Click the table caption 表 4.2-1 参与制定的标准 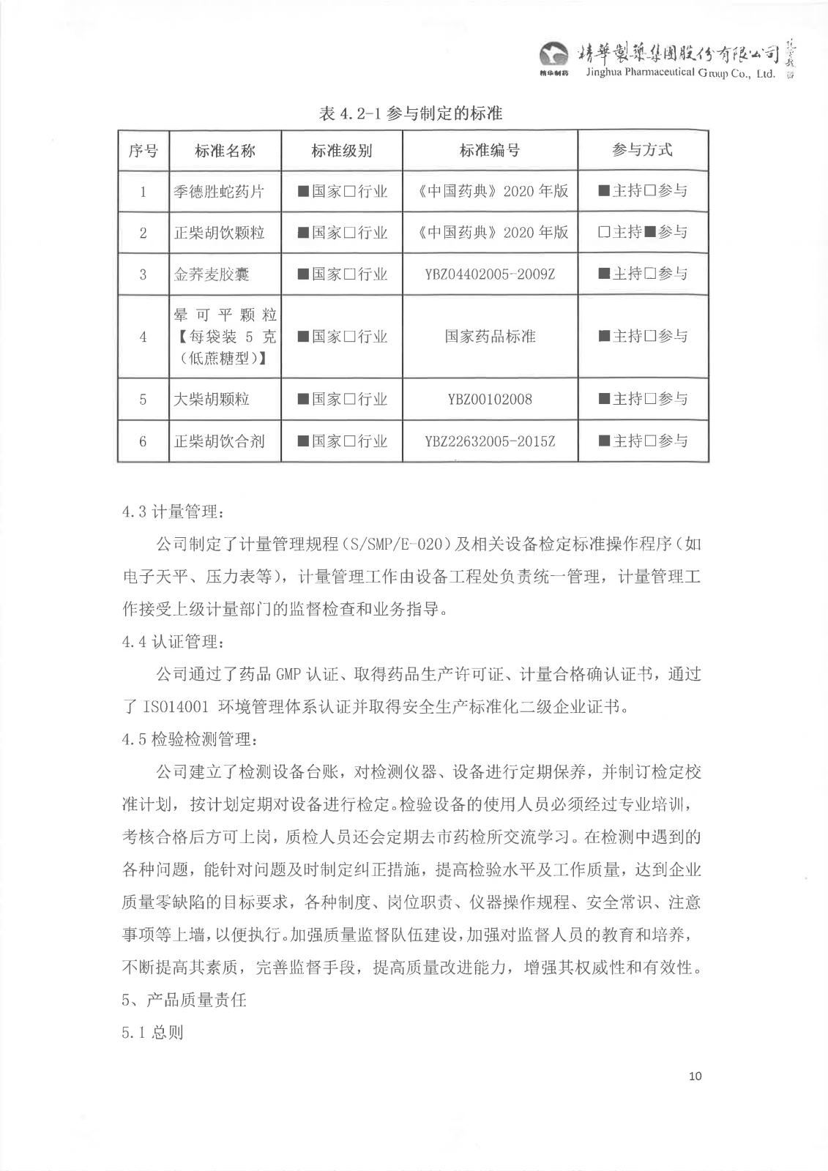click(411, 113)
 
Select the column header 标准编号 click(490, 151)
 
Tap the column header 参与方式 click(642, 150)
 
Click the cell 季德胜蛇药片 click(219, 192)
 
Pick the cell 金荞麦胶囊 click(212, 274)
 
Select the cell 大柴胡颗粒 click(212, 400)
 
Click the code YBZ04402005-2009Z click(490, 274)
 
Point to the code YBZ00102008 click(490, 400)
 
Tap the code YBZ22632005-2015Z click(490, 441)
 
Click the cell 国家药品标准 click(490, 337)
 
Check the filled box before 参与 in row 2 click(649, 233)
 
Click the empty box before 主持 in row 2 click(604, 233)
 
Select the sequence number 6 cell click(143, 441)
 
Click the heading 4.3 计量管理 click(174, 512)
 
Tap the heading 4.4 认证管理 click(174, 642)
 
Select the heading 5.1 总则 click(152, 1033)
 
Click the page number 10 click(695, 1076)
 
